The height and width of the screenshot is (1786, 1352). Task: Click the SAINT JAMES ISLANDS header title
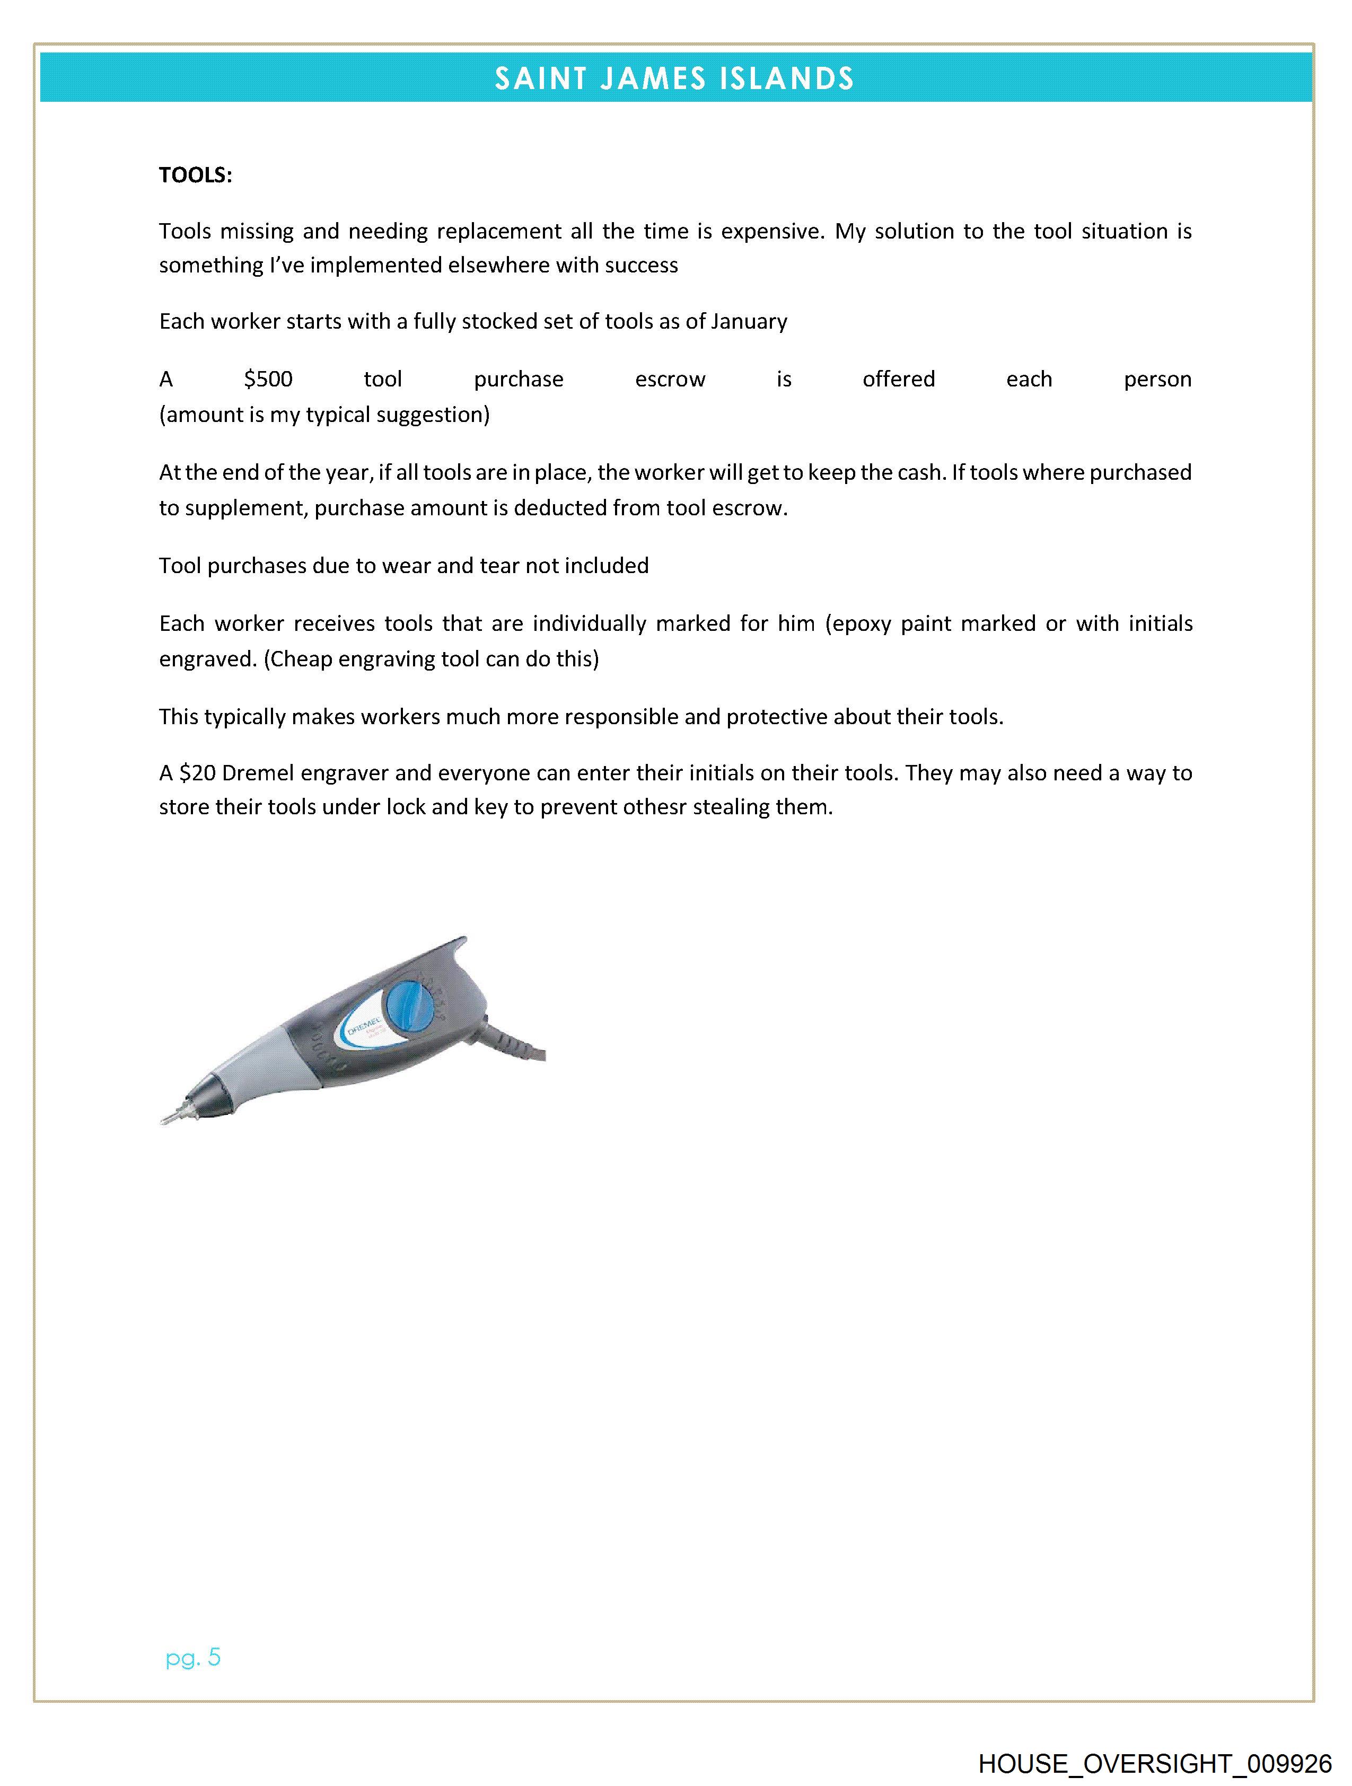pyautogui.click(x=674, y=78)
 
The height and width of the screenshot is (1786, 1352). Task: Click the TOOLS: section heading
pyautogui.click(x=196, y=175)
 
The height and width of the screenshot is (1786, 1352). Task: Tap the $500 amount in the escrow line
pyautogui.click(x=268, y=380)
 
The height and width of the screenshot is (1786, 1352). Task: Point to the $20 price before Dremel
pyautogui.click(x=197, y=773)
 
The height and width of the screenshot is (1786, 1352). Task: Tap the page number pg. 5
pyautogui.click(x=193, y=1658)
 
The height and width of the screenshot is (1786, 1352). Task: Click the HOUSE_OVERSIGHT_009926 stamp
pyautogui.click(x=1155, y=1763)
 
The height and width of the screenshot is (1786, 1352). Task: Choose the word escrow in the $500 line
pyautogui.click(x=670, y=380)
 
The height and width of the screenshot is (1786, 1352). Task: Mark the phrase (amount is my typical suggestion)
pyautogui.click(x=324, y=415)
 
